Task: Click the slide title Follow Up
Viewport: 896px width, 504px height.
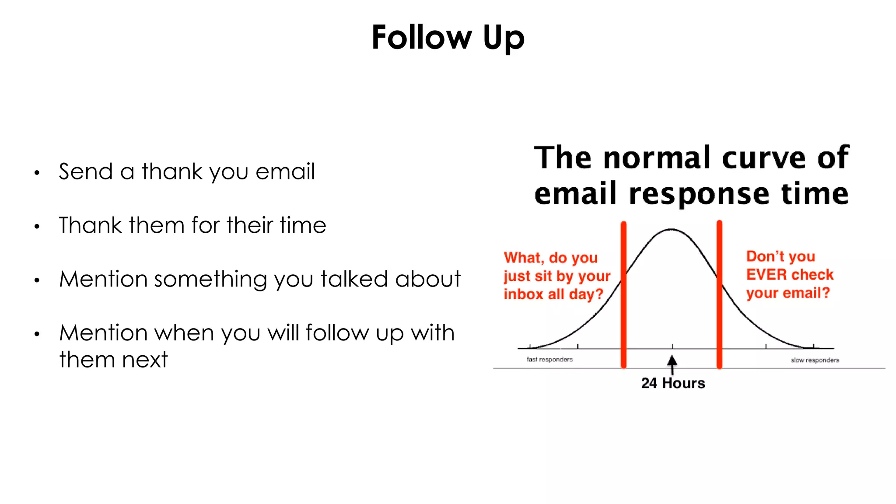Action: click(x=448, y=38)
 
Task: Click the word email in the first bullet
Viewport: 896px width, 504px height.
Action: click(x=285, y=171)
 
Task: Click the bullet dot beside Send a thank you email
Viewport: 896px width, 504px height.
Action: click(x=37, y=173)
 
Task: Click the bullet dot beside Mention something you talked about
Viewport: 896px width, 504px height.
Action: click(x=37, y=280)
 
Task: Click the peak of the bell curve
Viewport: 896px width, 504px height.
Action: click(x=671, y=229)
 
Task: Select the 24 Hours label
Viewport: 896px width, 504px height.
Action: click(x=673, y=383)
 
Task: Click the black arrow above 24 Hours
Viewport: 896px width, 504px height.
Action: click(x=672, y=363)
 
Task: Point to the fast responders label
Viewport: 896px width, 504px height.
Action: click(x=549, y=360)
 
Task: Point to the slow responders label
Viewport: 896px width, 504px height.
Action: click(x=815, y=360)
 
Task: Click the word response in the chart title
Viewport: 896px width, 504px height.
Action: click(x=699, y=194)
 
